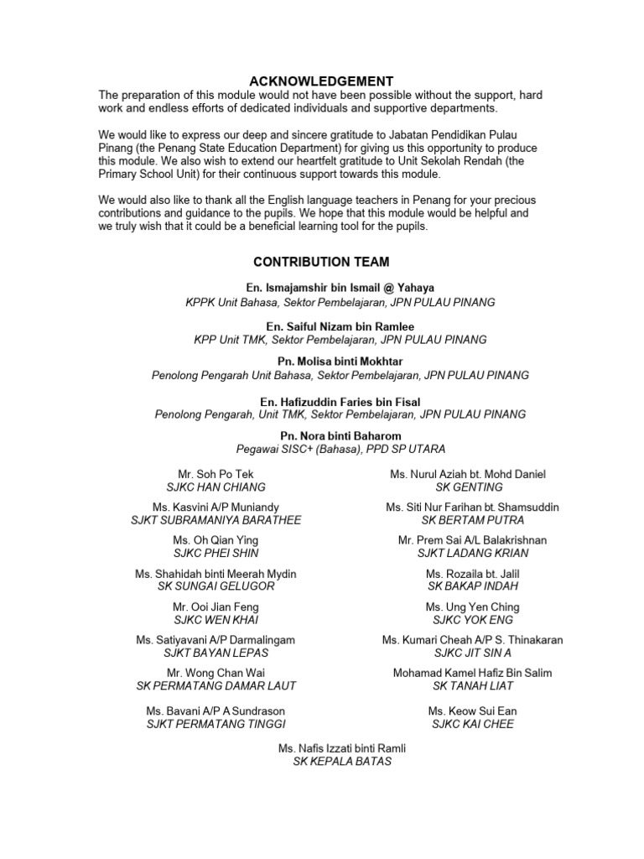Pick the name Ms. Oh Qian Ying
click(216, 541)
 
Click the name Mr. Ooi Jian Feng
click(216, 607)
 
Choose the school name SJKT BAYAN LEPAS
click(216, 653)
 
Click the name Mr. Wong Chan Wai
click(216, 673)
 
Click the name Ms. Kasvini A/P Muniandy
click(216, 508)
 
